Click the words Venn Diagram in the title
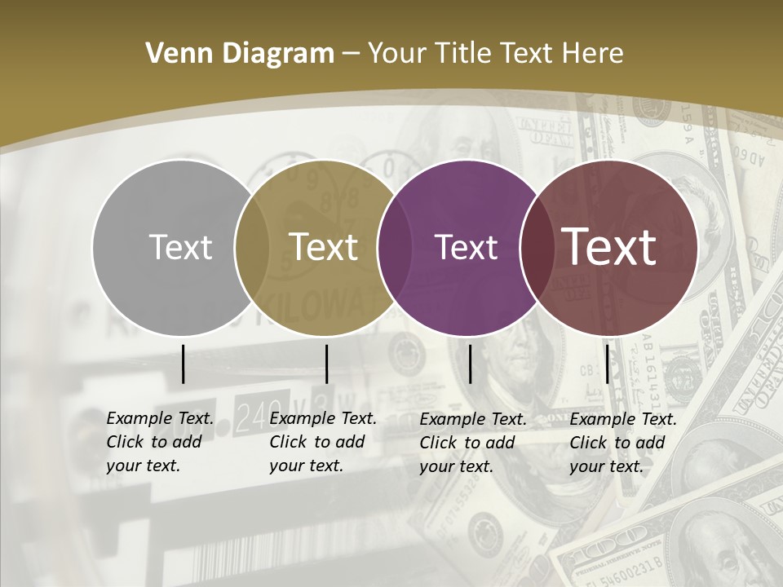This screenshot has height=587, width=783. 240,54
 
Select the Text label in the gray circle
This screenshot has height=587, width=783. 180,247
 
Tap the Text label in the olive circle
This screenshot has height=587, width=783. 324,247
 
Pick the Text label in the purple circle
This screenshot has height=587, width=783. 466,247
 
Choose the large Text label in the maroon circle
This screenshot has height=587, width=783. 609,247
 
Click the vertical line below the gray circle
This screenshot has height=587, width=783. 184,364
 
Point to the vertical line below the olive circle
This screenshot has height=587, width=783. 326,364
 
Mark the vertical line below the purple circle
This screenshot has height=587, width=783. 470,364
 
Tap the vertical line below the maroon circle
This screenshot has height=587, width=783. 607,364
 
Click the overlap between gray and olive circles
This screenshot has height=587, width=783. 251,247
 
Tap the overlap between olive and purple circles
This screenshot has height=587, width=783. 393,247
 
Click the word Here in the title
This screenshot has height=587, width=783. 592,54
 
